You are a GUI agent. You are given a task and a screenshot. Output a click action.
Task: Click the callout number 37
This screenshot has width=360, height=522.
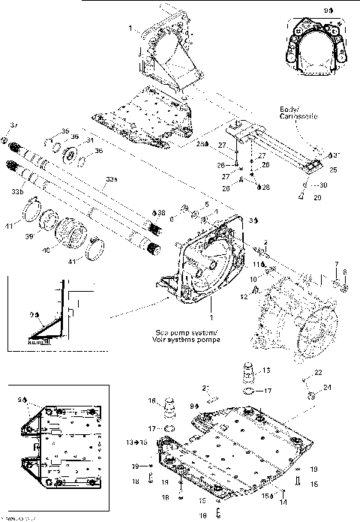pyautogui.click(x=13, y=124)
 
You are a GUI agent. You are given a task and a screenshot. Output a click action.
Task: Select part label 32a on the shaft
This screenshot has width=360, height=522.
pyautogui.click(x=112, y=179)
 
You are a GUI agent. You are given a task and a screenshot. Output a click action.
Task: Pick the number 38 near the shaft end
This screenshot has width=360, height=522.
pyautogui.click(x=160, y=213)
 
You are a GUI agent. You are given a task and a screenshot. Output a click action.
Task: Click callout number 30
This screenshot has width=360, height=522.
pyautogui.click(x=322, y=185)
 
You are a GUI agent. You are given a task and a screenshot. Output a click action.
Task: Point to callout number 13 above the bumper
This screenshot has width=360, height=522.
pyautogui.click(x=265, y=370)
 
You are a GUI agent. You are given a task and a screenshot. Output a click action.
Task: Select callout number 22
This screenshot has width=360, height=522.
pyautogui.click(x=319, y=373)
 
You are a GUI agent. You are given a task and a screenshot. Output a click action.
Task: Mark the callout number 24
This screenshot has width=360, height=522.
pyautogui.click(x=327, y=387)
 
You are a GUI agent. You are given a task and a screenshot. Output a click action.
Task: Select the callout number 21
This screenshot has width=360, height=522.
pyautogui.click(x=204, y=386)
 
